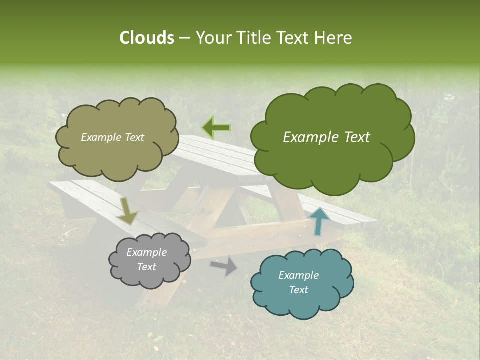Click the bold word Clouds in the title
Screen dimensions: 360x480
[146, 38]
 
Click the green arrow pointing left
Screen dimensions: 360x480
[216, 127]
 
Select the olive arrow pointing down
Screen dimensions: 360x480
[127, 211]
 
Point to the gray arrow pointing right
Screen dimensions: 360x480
[224, 265]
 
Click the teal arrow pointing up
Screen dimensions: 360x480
[318, 220]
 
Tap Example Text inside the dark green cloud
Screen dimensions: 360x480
[326, 137]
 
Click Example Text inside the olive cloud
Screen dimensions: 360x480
[112, 137]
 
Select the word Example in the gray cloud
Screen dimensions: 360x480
[146, 252]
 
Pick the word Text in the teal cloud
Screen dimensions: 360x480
[298, 290]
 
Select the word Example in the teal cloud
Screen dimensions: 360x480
[298, 275]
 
